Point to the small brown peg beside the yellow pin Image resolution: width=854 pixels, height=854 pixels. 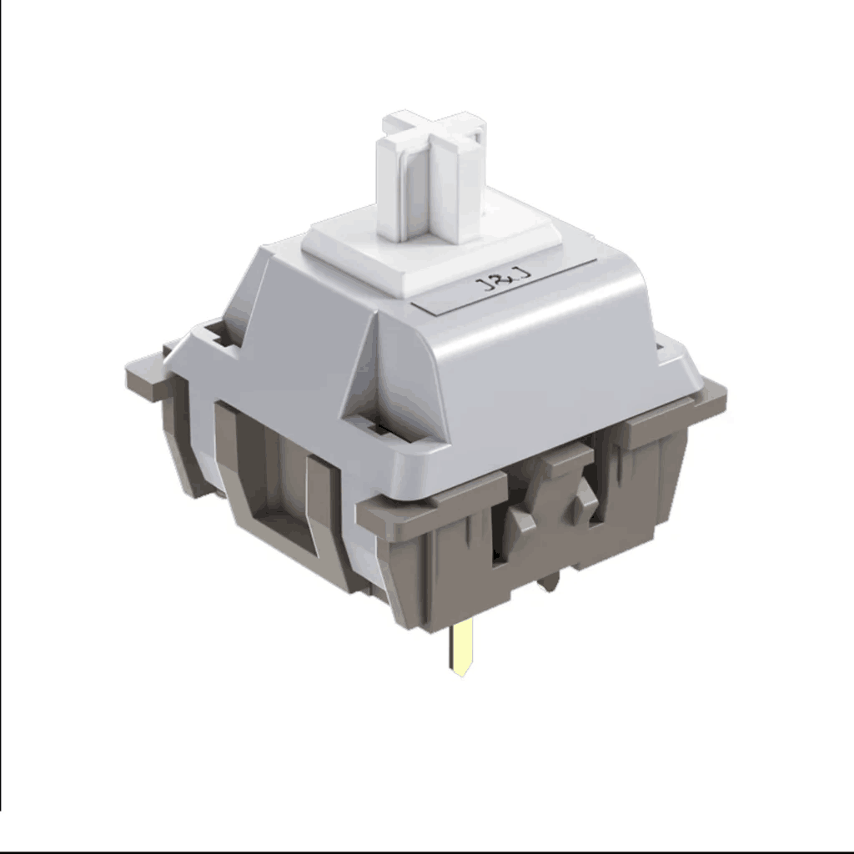point(550,581)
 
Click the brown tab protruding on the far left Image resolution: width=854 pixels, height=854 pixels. point(147,376)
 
